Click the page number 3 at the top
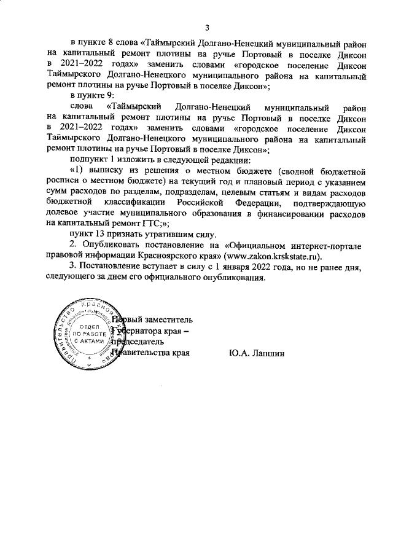click(207, 27)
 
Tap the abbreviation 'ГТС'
click(144, 224)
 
